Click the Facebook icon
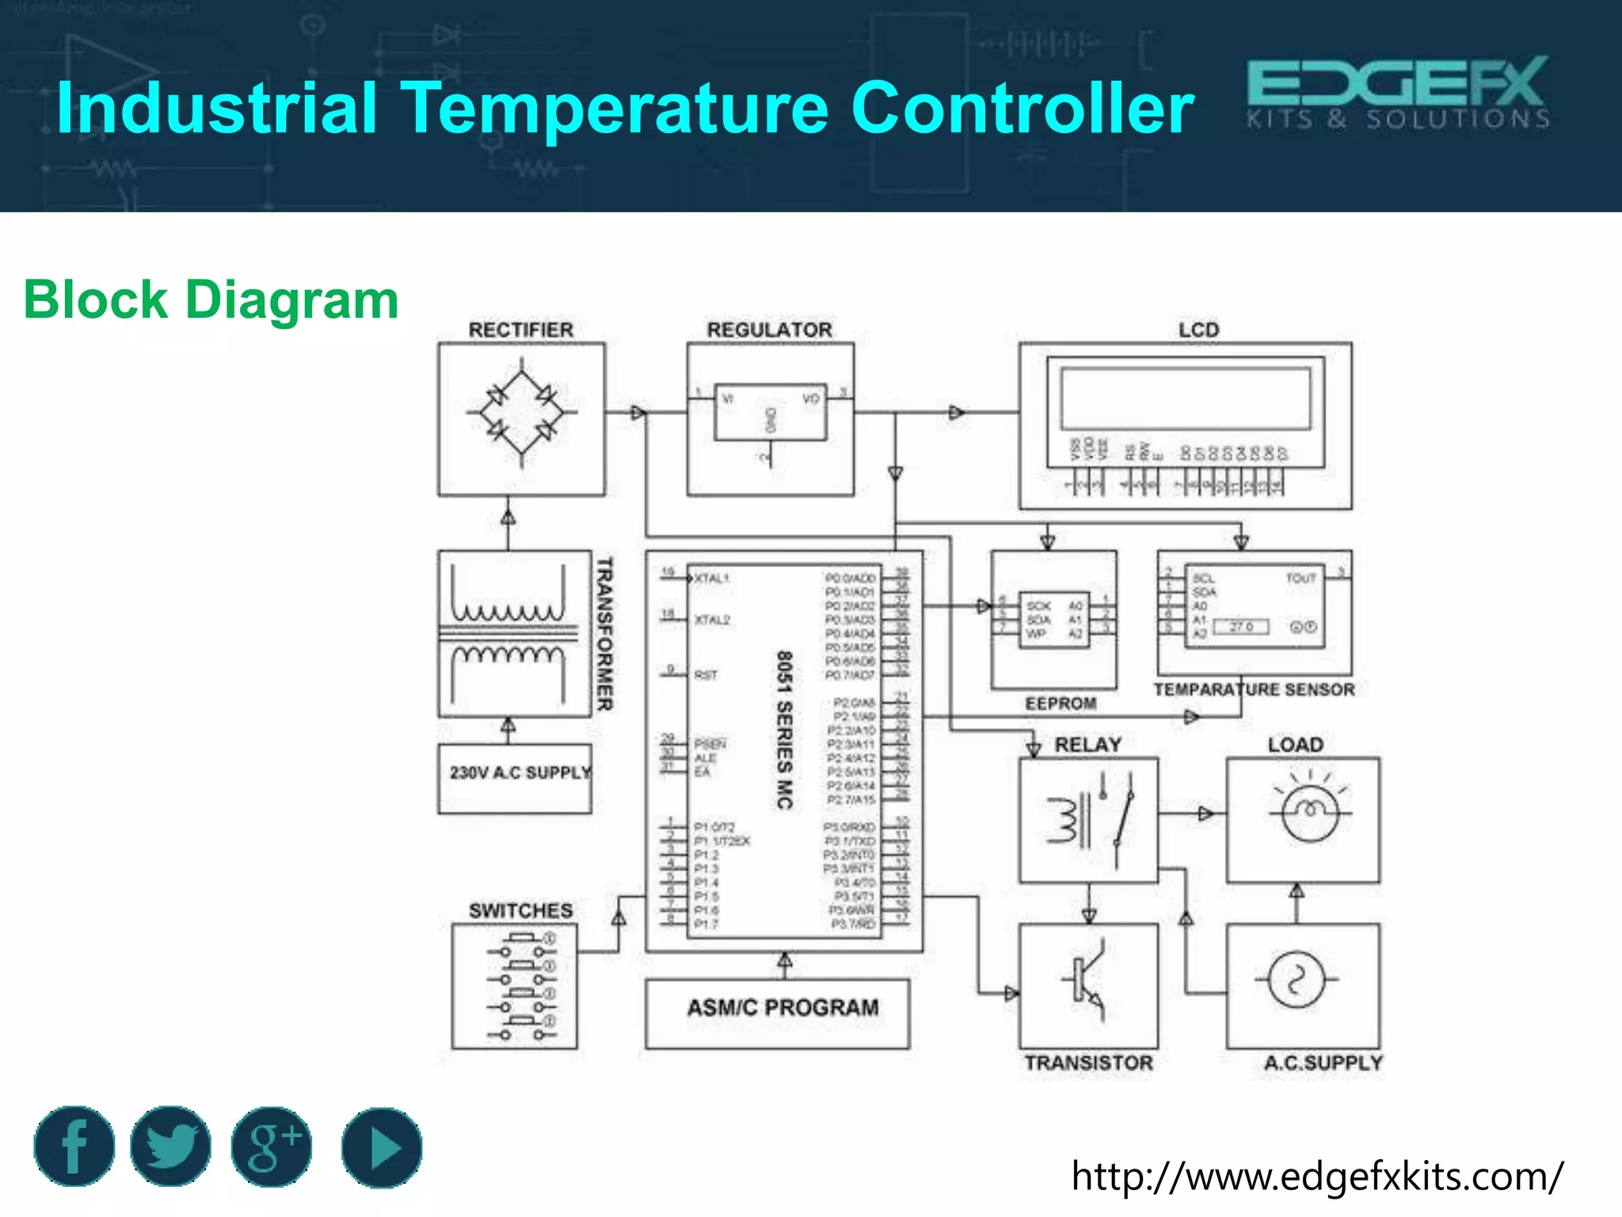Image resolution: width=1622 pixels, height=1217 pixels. point(74,1146)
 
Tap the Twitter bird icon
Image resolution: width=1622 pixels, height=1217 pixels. point(171,1146)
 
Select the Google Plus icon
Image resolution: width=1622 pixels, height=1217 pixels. point(272,1146)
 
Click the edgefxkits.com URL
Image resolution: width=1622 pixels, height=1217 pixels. point(1317,1176)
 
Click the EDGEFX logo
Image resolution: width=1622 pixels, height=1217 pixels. point(1398,92)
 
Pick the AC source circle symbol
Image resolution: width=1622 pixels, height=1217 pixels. point(1295,980)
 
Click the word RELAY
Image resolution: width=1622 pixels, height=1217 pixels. point(1087,745)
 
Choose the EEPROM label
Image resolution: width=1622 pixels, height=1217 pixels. point(1060,704)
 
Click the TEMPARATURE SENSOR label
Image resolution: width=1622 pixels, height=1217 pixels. point(1254,689)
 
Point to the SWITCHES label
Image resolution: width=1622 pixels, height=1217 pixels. point(520,910)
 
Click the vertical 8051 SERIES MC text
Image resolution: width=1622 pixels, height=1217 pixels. point(784,730)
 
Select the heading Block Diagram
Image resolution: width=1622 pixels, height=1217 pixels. point(211,300)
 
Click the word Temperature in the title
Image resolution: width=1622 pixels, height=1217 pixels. point(616,108)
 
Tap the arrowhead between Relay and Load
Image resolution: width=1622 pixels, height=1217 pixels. point(1205,814)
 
